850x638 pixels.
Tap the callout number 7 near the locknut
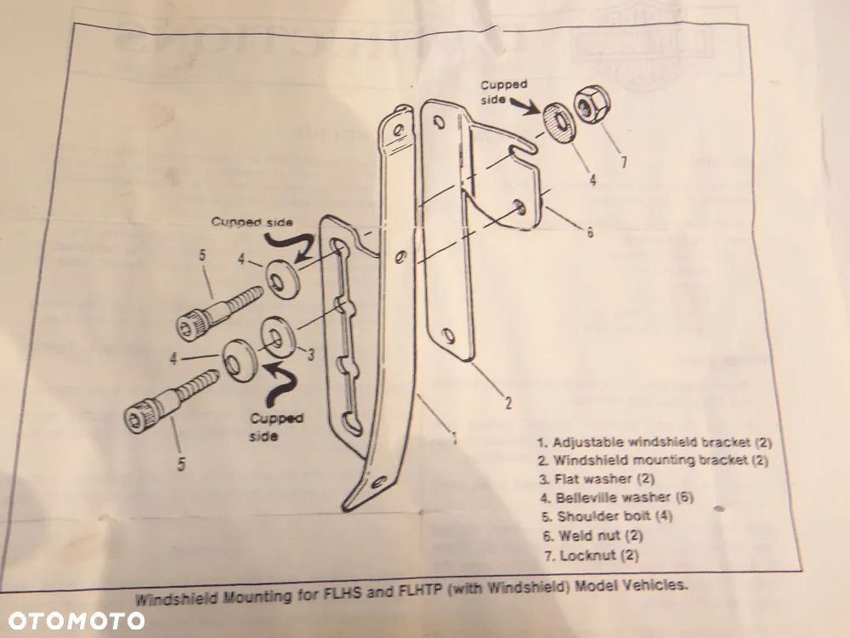click(x=623, y=161)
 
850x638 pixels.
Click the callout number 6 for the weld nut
click(x=589, y=231)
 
